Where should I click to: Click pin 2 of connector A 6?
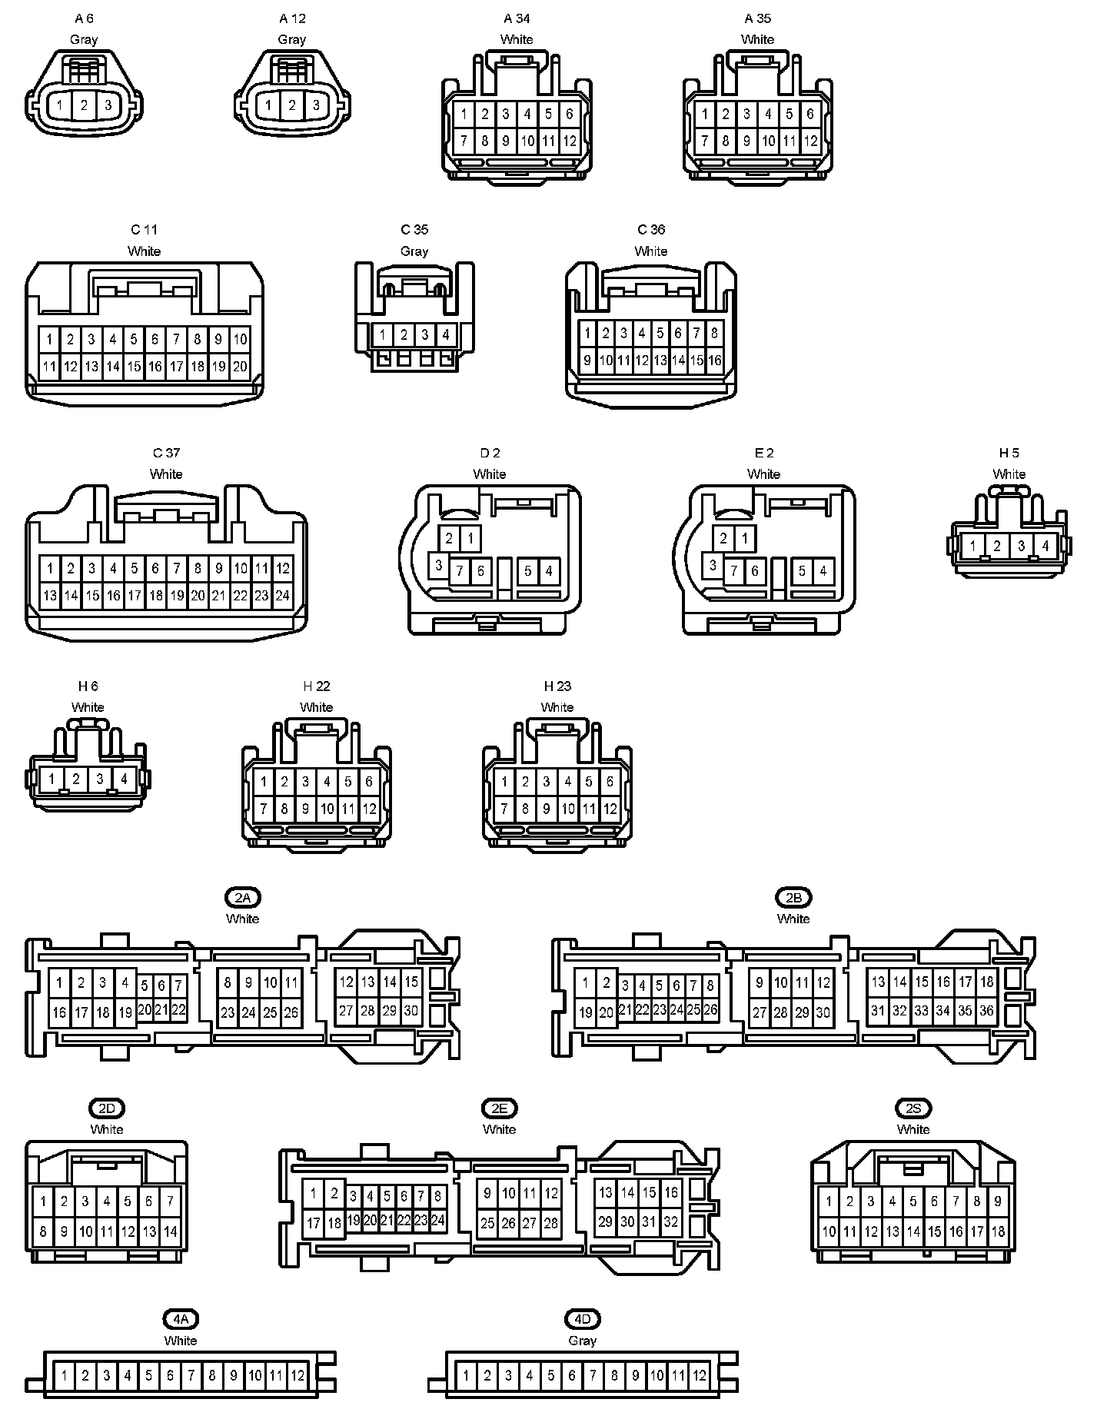(x=85, y=105)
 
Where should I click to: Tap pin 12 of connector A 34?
(x=570, y=141)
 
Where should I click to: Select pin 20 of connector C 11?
(x=240, y=367)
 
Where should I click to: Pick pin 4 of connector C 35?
(x=446, y=335)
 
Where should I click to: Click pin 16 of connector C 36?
(x=715, y=361)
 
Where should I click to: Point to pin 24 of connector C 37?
(x=282, y=595)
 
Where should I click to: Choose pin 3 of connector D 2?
(x=438, y=566)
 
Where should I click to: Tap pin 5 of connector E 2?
(x=802, y=571)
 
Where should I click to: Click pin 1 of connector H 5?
(x=973, y=547)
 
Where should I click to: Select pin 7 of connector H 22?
(x=264, y=809)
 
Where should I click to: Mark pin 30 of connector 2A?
(x=411, y=1011)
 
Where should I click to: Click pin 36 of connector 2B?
(x=986, y=1011)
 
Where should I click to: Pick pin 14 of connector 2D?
(x=171, y=1231)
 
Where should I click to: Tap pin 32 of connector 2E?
(x=671, y=1222)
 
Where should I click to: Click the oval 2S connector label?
(x=913, y=1108)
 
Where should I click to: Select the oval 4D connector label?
(x=583, y=1320)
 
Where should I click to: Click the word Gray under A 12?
(x=292, y=39)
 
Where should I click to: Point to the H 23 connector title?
(x=557, y=686)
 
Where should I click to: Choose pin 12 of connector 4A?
(x=298, y=1375)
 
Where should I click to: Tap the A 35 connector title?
(x=758, y=18)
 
